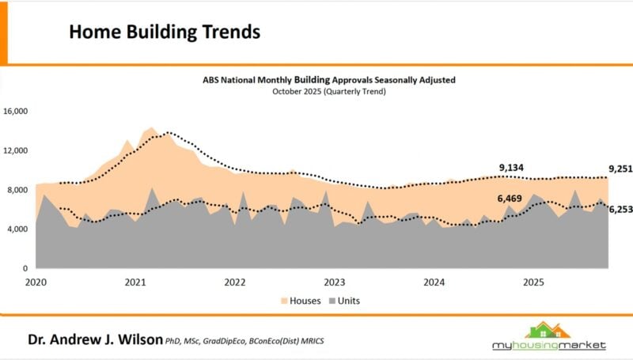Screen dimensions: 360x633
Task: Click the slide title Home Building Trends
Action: (x=165, y=32)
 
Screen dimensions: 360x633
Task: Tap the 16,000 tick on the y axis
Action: (x=16, y=112)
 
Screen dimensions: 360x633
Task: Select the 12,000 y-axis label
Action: (x=16, y=150)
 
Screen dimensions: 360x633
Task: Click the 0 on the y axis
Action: (x=25, y=269)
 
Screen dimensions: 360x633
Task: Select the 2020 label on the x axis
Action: (x=36, y=282)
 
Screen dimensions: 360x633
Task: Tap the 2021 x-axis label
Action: (x=135, y=282)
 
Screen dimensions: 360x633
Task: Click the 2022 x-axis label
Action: (x=235, y=282)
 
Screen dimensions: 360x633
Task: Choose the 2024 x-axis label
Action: (x=434, y=282)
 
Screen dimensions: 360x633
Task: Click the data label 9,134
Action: (x=512, y=168)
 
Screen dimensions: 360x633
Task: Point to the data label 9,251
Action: (x=621, y=169)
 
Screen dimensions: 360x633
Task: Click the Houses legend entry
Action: (x=298, y=301)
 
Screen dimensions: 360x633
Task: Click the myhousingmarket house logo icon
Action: (x=546, y=330)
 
